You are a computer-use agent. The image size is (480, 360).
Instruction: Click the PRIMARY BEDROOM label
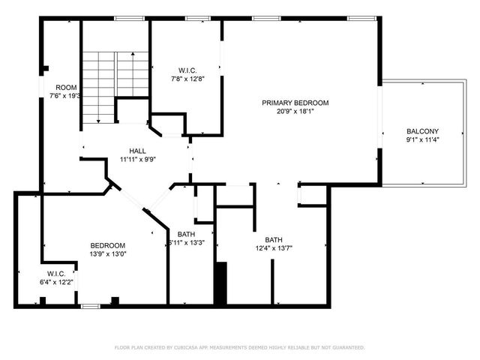295,103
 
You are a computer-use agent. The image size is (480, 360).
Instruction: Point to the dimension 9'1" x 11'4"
422,139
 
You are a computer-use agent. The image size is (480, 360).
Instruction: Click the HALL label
138,151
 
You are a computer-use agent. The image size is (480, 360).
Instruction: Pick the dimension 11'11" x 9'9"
138,159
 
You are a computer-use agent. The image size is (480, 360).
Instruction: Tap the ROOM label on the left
66,88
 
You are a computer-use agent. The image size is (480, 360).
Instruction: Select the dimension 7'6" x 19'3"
65,96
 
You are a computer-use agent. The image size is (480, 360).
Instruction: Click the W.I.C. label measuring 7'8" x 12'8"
187,70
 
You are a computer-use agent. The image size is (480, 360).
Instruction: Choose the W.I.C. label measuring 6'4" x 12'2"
57,274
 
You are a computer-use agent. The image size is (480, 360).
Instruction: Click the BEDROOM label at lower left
107,245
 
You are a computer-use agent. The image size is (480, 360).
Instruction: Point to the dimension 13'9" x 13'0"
107,253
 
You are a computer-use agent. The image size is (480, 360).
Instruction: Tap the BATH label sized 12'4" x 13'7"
274,240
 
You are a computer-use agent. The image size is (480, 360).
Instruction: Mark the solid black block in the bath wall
220,283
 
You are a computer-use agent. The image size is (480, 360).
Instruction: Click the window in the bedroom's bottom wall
91,305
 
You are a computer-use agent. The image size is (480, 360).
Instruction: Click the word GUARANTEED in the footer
349,348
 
